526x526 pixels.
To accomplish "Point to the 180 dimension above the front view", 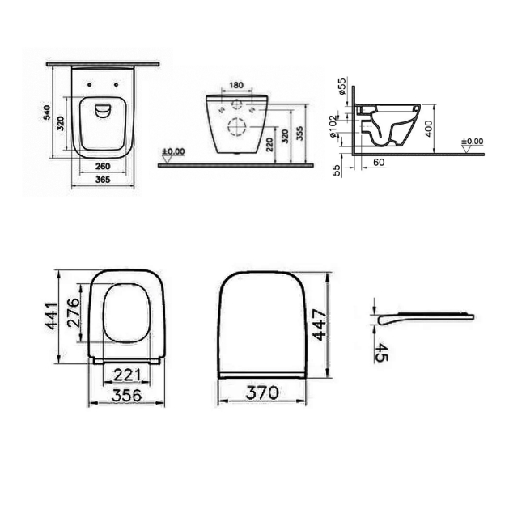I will (236, 85).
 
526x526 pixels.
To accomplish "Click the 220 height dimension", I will (269, 143).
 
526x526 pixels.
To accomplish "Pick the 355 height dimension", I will (300, 133).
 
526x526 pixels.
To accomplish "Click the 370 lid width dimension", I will (263, 392).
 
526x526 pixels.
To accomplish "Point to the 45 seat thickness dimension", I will (381, 353).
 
